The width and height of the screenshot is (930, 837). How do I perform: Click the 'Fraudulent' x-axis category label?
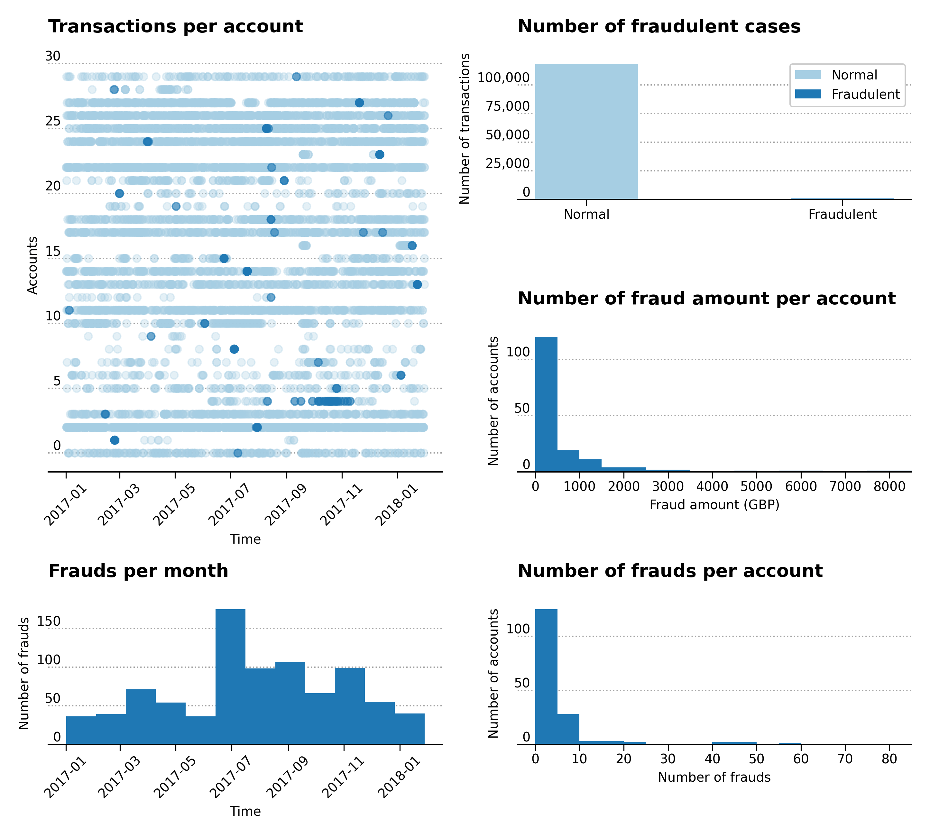coord(842,214)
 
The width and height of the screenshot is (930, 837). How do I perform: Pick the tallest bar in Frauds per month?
coord(230,676)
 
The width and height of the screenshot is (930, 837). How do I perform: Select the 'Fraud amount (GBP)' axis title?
coord(714,505)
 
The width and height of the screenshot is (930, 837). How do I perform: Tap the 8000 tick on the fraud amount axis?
coord(889,487)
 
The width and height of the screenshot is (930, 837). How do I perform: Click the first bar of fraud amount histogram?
coord(546,404)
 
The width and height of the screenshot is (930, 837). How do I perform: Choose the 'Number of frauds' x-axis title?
coord(714,777)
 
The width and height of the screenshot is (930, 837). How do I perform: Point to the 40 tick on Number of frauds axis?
coord(712,759)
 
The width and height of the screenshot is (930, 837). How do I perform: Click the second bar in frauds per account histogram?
coord(568,729)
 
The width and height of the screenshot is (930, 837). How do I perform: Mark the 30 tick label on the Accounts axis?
coord(53,56)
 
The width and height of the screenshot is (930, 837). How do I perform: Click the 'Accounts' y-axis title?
coord(32,265)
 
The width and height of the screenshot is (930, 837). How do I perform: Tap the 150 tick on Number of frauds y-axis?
coord(49,621)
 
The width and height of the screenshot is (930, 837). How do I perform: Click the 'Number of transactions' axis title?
coord(465,129)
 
